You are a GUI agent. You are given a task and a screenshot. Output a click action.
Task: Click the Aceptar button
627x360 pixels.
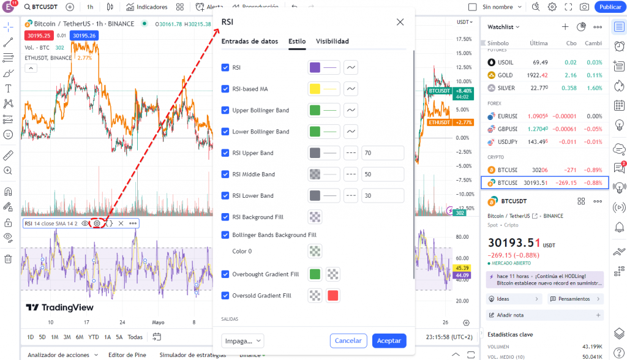click(389, 340)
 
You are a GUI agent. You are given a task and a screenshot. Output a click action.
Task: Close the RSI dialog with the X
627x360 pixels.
click(400, 22)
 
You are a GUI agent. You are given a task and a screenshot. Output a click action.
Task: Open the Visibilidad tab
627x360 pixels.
click(332, 42)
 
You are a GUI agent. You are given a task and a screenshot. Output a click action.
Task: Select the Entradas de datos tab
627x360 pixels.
click(250, 42)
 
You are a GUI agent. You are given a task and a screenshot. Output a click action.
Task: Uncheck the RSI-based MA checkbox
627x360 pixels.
click(225, 89)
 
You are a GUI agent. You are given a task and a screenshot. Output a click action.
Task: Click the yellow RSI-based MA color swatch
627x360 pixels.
click(315, 89)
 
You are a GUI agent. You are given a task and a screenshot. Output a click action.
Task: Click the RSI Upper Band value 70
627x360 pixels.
click(382, 153)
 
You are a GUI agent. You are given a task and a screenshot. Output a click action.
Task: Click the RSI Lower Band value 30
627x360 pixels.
click(382, 196)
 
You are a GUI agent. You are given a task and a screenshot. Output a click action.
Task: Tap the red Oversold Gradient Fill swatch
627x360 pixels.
click(333, 296)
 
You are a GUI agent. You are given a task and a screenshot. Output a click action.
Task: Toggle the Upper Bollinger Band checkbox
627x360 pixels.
click(225, 110)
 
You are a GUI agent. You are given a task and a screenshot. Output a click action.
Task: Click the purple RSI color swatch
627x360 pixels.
click(315, 67)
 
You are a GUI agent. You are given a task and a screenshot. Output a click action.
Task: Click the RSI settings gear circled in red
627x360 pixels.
click(97, 223)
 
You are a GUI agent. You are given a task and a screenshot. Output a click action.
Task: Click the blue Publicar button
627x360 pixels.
click(610, 7)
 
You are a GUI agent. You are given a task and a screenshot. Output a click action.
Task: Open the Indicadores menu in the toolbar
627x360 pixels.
click(147, 7)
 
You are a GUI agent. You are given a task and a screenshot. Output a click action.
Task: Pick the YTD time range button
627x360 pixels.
click(93, 337)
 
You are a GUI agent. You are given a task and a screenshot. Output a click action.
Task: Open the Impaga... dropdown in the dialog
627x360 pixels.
click(242, 340)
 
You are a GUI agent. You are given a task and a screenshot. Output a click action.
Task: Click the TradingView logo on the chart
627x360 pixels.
click(59, 307)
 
